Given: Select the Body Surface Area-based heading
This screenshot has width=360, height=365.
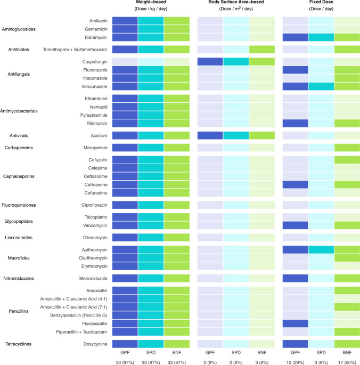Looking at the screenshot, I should tap(236, 3).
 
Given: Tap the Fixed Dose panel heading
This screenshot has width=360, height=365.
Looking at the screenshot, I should tap(321, 3).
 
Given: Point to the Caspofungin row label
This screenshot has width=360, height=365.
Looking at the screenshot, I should tap(95, 61).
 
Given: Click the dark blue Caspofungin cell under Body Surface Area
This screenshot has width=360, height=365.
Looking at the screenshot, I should tap(210, 61).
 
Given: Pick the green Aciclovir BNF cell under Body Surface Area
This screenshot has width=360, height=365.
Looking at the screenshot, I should tap(262, 135).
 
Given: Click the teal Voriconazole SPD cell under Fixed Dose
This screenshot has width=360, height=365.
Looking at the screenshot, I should tap(321, 86).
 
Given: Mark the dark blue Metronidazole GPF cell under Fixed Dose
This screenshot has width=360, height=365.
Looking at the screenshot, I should tap(295, 278).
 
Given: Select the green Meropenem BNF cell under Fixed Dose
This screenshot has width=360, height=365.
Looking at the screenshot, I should tap(347, 147).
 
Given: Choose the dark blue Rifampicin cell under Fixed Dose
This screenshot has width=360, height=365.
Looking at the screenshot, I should tap(295, 123).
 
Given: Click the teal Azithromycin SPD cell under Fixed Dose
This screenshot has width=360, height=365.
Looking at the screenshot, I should tap(321, 249).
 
